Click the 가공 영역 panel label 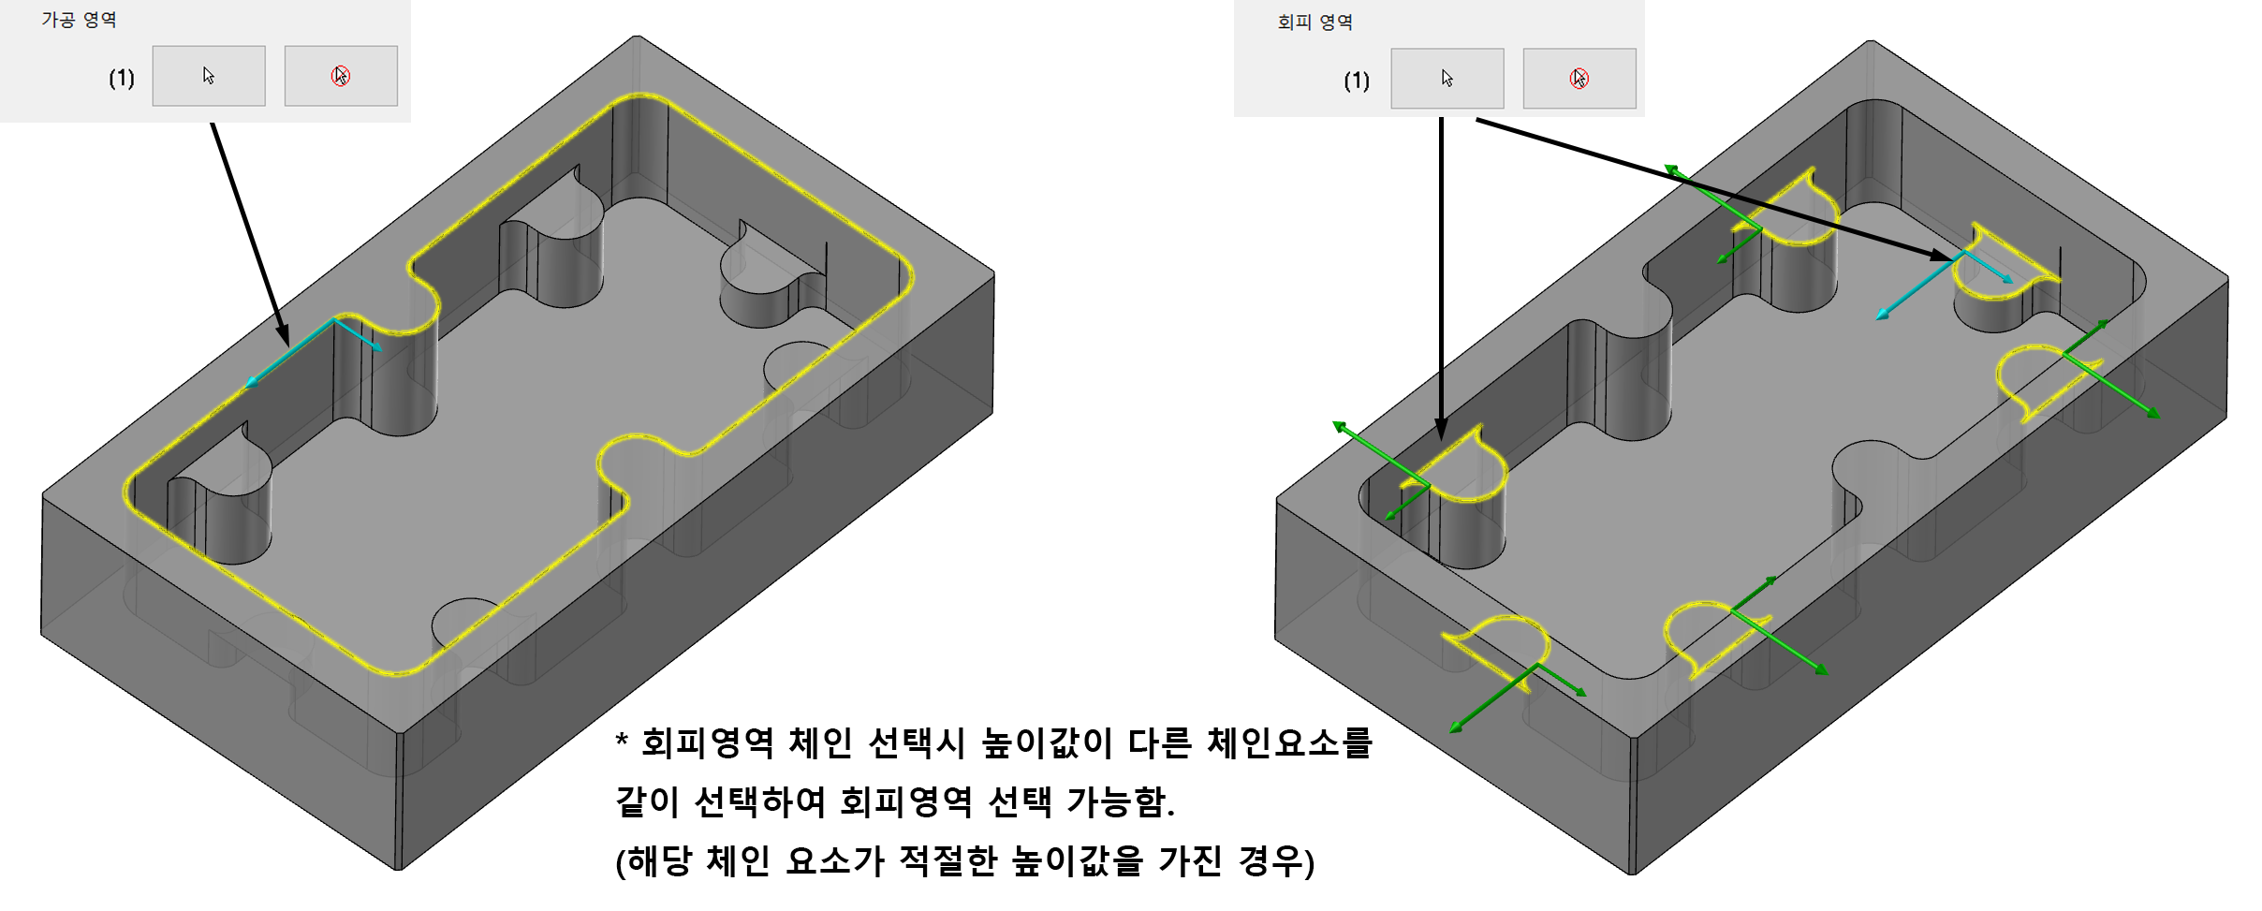click(79, 20)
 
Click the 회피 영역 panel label click(1315, 22)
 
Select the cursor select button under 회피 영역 click(1447, 79)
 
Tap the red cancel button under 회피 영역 click(1579, 79)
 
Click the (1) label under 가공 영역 click(122, 78)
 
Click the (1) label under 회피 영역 click(1357, 81)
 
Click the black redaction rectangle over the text click(1130, 803)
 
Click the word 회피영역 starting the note click(707, 743)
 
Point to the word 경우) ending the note click(1275, 860)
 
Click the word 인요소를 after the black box click(1306, 743)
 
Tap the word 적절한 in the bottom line click(948, 860)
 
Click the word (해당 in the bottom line click(653, 860)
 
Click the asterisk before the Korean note click(622, 742)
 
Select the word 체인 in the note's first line click(820, 743)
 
